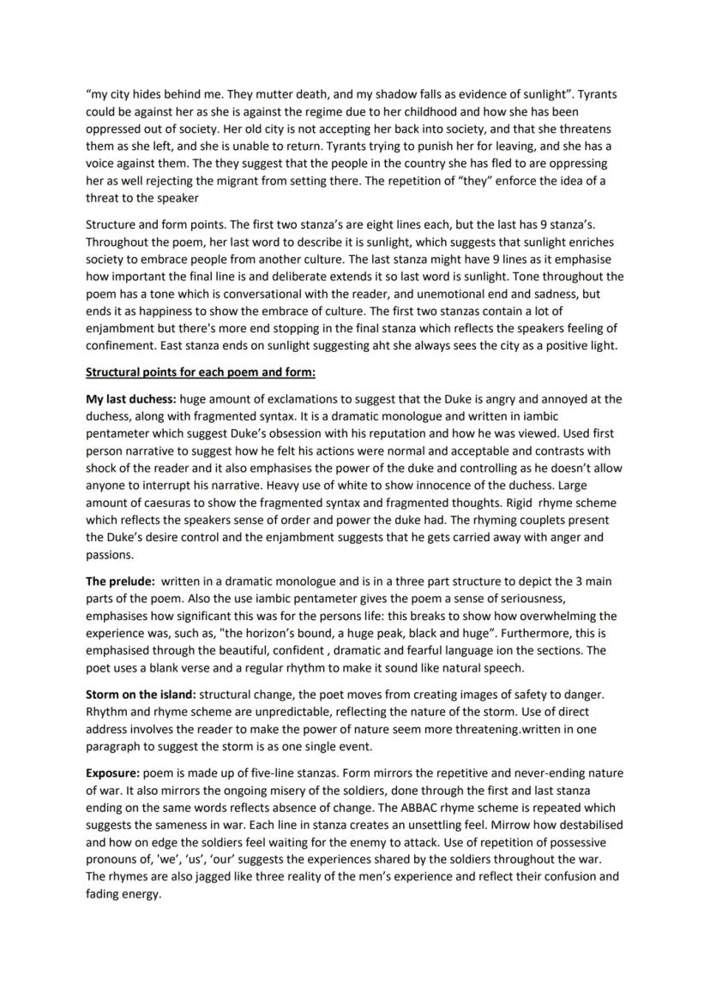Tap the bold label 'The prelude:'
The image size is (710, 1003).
coord(119,581)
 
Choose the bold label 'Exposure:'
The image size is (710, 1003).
coord(114,773)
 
